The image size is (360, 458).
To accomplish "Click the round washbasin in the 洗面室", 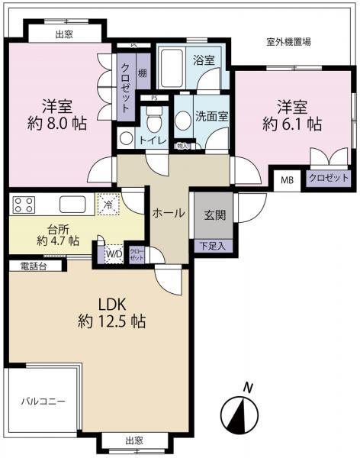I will click(x=183, y=120).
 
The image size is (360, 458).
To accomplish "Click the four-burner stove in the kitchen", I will click(x=23, y=205).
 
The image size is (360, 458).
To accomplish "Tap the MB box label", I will click(x=288, y=180).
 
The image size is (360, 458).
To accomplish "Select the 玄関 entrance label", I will click(x=214, y=215).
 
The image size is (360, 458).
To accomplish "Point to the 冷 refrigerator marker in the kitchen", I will click(x=108, y=205).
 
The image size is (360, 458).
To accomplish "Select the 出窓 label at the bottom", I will click(x=134, y=440).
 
